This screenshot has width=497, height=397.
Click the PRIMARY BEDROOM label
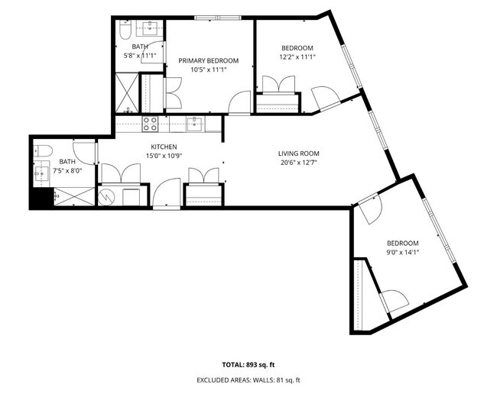[x=209, y=60]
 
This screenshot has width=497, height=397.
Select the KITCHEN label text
[x=164, y=147]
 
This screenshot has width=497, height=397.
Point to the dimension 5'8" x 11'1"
[x=140, y=56]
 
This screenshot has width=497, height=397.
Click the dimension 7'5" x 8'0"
[x=68, y=170]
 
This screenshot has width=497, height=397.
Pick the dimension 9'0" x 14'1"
[x=402, y=251]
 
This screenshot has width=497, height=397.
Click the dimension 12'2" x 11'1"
[x=297, y=56]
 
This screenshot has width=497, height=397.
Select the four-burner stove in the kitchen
[x=150, y=123]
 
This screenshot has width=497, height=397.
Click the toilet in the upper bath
[x=125, y=32]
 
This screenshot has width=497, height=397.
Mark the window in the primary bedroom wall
[x=215, y=18]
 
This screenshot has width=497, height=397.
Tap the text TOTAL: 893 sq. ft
[x=248, y=365]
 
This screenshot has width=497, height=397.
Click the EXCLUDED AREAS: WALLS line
[x=248, y=379]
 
